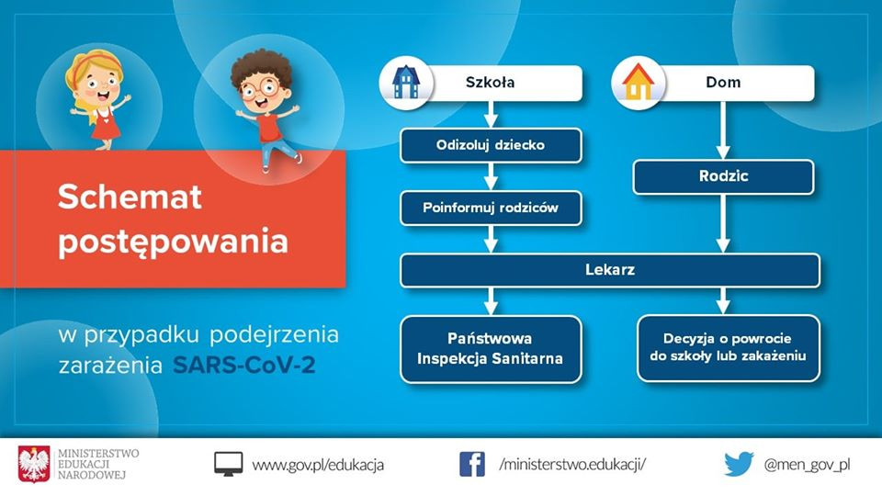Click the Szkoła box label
[490, 82]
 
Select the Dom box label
[723, 82]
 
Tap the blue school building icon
[406, 82]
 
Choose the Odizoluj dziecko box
[491, 145]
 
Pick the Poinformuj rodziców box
[491, 208]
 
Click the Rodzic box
[723, 176]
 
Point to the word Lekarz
[610, 270]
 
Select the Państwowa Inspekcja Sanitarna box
[491, 349]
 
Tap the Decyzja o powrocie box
[729, 348]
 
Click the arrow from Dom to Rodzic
[723, 130]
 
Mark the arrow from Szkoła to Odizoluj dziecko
[491, 115]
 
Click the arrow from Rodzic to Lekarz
[723, 224]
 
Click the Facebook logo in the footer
[472, 465]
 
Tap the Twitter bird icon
[739, 464]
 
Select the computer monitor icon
[229, 464]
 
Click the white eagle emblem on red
[34, 464]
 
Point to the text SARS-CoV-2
[244, 366]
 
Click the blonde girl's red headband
[95, 62]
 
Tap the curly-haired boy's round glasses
[259, 88]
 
